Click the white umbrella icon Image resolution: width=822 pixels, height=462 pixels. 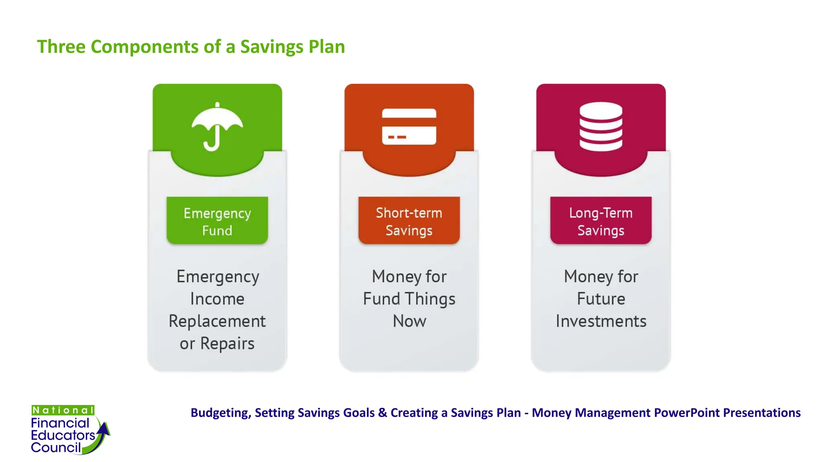coord(217,126)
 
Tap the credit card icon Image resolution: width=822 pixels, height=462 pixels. coord(409,126)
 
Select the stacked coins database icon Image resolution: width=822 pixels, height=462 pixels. coord(601,126)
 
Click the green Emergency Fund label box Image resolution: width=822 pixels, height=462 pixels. coord(217,221)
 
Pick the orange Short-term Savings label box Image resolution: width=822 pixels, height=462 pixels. coord(409,221)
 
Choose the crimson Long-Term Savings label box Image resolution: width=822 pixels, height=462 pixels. coord(601,221)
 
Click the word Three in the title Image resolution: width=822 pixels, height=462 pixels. coord(61,47)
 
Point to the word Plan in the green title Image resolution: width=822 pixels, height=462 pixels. coord(326,47)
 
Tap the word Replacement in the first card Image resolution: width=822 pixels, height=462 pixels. coord(217,321)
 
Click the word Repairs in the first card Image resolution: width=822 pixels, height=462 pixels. coord(227,344)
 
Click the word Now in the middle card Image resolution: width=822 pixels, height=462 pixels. coord(409,321)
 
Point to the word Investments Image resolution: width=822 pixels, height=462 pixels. coord(601,321)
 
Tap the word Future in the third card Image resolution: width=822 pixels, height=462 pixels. coord(601,299)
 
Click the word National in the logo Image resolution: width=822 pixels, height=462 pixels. coord(63,410)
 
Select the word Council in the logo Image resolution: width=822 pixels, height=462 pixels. coord(56,447)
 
